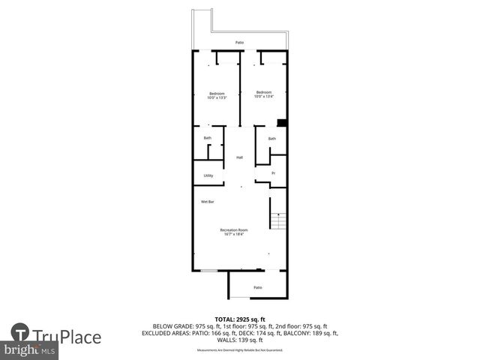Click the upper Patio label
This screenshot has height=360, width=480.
[239, 43]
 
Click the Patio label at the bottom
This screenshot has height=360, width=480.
[257, 287]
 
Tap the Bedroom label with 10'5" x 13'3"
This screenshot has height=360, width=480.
[216, 95]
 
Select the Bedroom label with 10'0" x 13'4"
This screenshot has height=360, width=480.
[263, 93]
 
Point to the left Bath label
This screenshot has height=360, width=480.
[208, 138]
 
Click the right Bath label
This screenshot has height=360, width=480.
[272, 139]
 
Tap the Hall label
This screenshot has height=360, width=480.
[240, 157]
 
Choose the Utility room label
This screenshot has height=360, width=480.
[208, 175]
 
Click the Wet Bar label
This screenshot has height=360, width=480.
[207, 202]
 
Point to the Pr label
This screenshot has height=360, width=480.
[273, 173]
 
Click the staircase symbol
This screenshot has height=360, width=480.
[278, 220]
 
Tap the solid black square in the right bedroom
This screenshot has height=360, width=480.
[281, 123]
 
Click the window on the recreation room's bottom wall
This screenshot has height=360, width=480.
[209, 270]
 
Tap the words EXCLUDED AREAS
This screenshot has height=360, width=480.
[166, 333]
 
